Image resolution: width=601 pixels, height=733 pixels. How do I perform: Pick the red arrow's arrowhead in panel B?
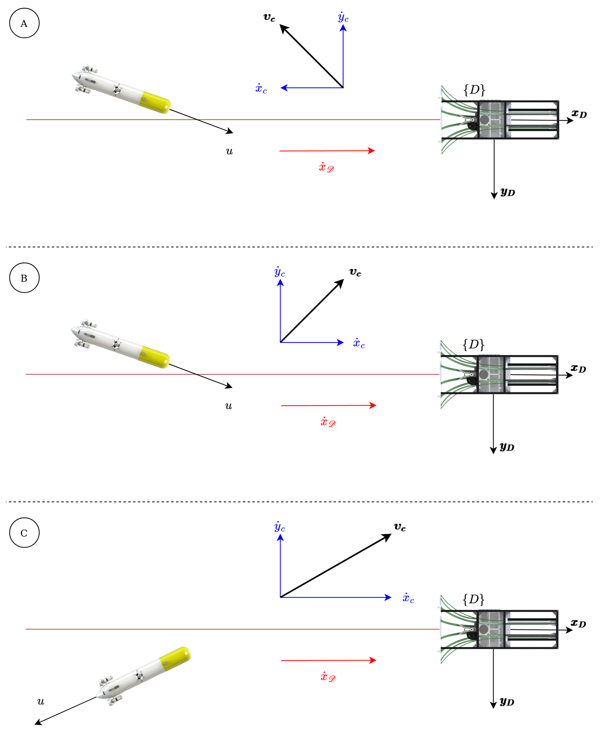click(373, 405)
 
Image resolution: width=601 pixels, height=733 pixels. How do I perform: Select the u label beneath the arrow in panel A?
click(229, 151)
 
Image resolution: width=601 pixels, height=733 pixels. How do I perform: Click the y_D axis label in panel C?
click(507, 702)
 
